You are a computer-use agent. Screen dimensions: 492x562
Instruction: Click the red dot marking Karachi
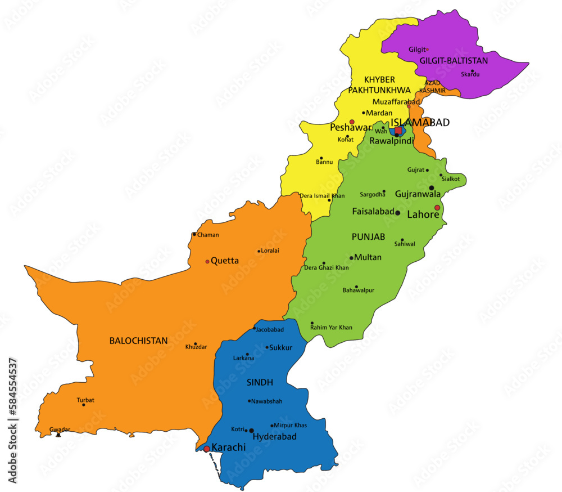(207, 449)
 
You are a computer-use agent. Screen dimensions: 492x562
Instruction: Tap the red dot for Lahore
(437, 208)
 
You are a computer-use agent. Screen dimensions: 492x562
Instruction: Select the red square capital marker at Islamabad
(398, 131)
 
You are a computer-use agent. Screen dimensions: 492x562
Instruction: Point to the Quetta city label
(224, 261)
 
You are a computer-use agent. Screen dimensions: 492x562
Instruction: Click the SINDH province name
(260, 383)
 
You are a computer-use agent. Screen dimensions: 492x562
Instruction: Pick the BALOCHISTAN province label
(138, 341)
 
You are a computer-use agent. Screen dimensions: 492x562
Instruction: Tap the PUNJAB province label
(368, 237)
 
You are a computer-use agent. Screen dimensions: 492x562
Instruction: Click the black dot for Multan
(352, 258)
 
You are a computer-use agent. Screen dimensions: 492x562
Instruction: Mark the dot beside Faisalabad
(398, 213)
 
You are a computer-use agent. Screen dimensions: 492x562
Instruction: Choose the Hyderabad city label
(274, 436)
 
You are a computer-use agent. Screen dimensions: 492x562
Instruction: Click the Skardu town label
(470, 74)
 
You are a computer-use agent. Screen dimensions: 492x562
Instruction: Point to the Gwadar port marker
(58, 435)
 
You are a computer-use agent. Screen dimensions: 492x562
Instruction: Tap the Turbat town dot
(84, 405)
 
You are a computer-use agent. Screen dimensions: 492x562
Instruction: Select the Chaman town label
(208, 235)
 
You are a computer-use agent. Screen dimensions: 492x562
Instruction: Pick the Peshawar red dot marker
(352, 122)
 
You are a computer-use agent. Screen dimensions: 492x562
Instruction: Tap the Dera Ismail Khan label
(322, 196)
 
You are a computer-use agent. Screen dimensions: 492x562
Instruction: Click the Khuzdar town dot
(196, 344)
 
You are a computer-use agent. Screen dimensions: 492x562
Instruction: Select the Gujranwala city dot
(432, 188)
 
